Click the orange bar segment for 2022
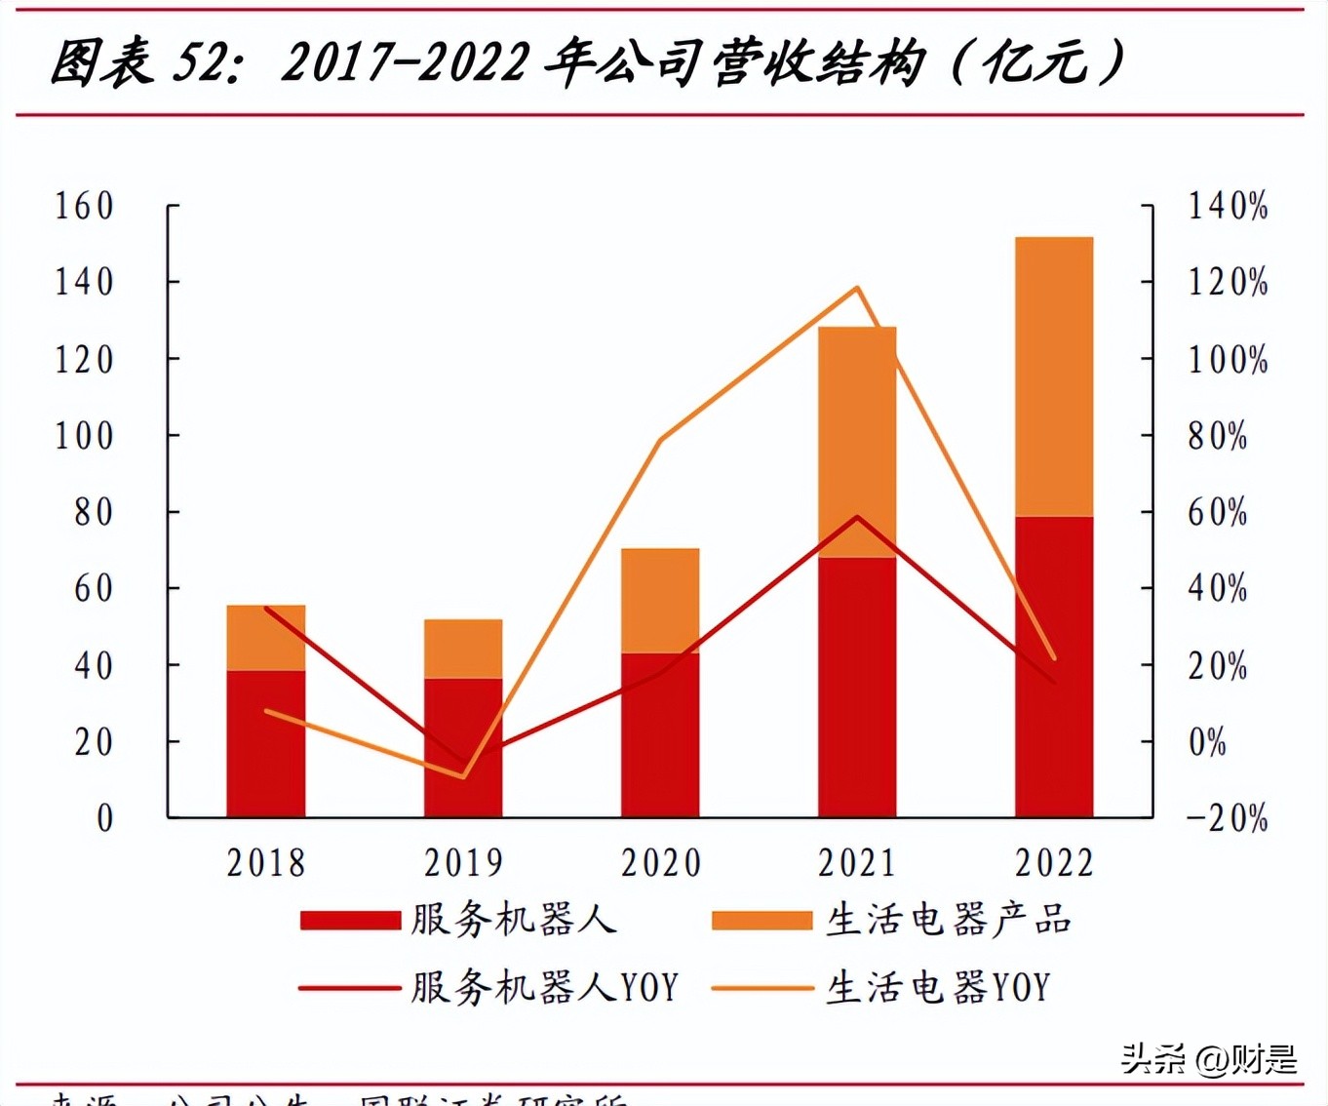click(1054, 375)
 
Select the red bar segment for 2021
click(857, 687)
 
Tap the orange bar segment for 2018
click(266, 637)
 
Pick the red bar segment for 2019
click(463, 747)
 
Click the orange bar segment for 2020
click(660, 600)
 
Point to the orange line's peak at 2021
click(857, 288)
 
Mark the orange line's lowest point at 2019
click(463, 777)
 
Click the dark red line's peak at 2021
click(857, 516)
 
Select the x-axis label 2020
click(661, 863)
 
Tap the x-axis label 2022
click(1054, 863)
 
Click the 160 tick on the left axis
click(84, 206)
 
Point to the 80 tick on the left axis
click(94, 512)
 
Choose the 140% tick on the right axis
click(1228, 206)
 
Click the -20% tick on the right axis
click(1228, 817)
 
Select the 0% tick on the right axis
click(1207, 742)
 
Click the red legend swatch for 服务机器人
click(350, 921)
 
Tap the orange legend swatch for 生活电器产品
click(762, 921)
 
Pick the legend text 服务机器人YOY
click(544, 988)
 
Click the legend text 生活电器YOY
click(938, 988)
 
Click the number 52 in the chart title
click(200, 62)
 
